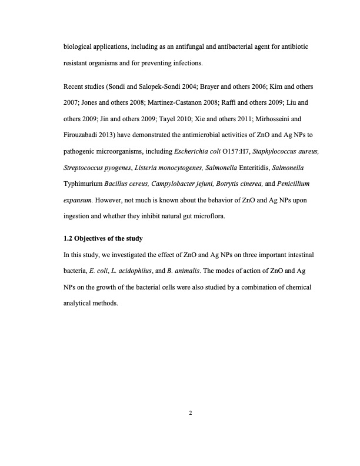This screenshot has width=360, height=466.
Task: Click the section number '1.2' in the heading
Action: (68, 239)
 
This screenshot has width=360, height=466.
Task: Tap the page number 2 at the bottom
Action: (191, 412)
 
